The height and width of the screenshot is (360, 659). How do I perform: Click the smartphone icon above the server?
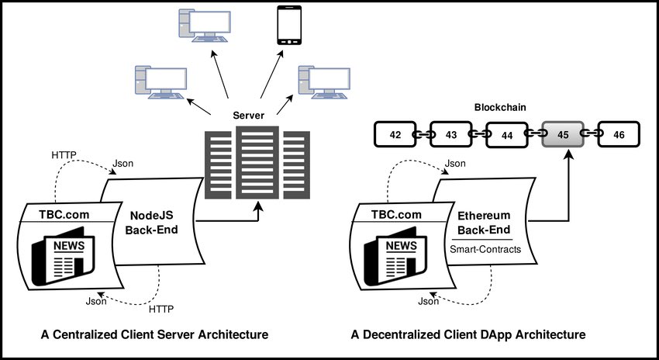[x=288, y=25]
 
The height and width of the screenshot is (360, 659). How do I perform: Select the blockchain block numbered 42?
[x=395, y=135]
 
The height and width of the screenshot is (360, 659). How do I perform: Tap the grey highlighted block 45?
[x=563, y=135]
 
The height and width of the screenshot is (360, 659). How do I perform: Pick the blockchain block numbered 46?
[x=619, y=135]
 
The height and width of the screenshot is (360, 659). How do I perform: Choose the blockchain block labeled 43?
[x=450, y=135]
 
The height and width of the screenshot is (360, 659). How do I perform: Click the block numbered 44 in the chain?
[x=507, y=135]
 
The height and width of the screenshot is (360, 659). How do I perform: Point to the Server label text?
[x=250, y=115]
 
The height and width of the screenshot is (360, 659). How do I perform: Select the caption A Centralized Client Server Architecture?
[x=154, y=335]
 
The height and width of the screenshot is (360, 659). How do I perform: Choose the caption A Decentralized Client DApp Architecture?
[x=468, y=335]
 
